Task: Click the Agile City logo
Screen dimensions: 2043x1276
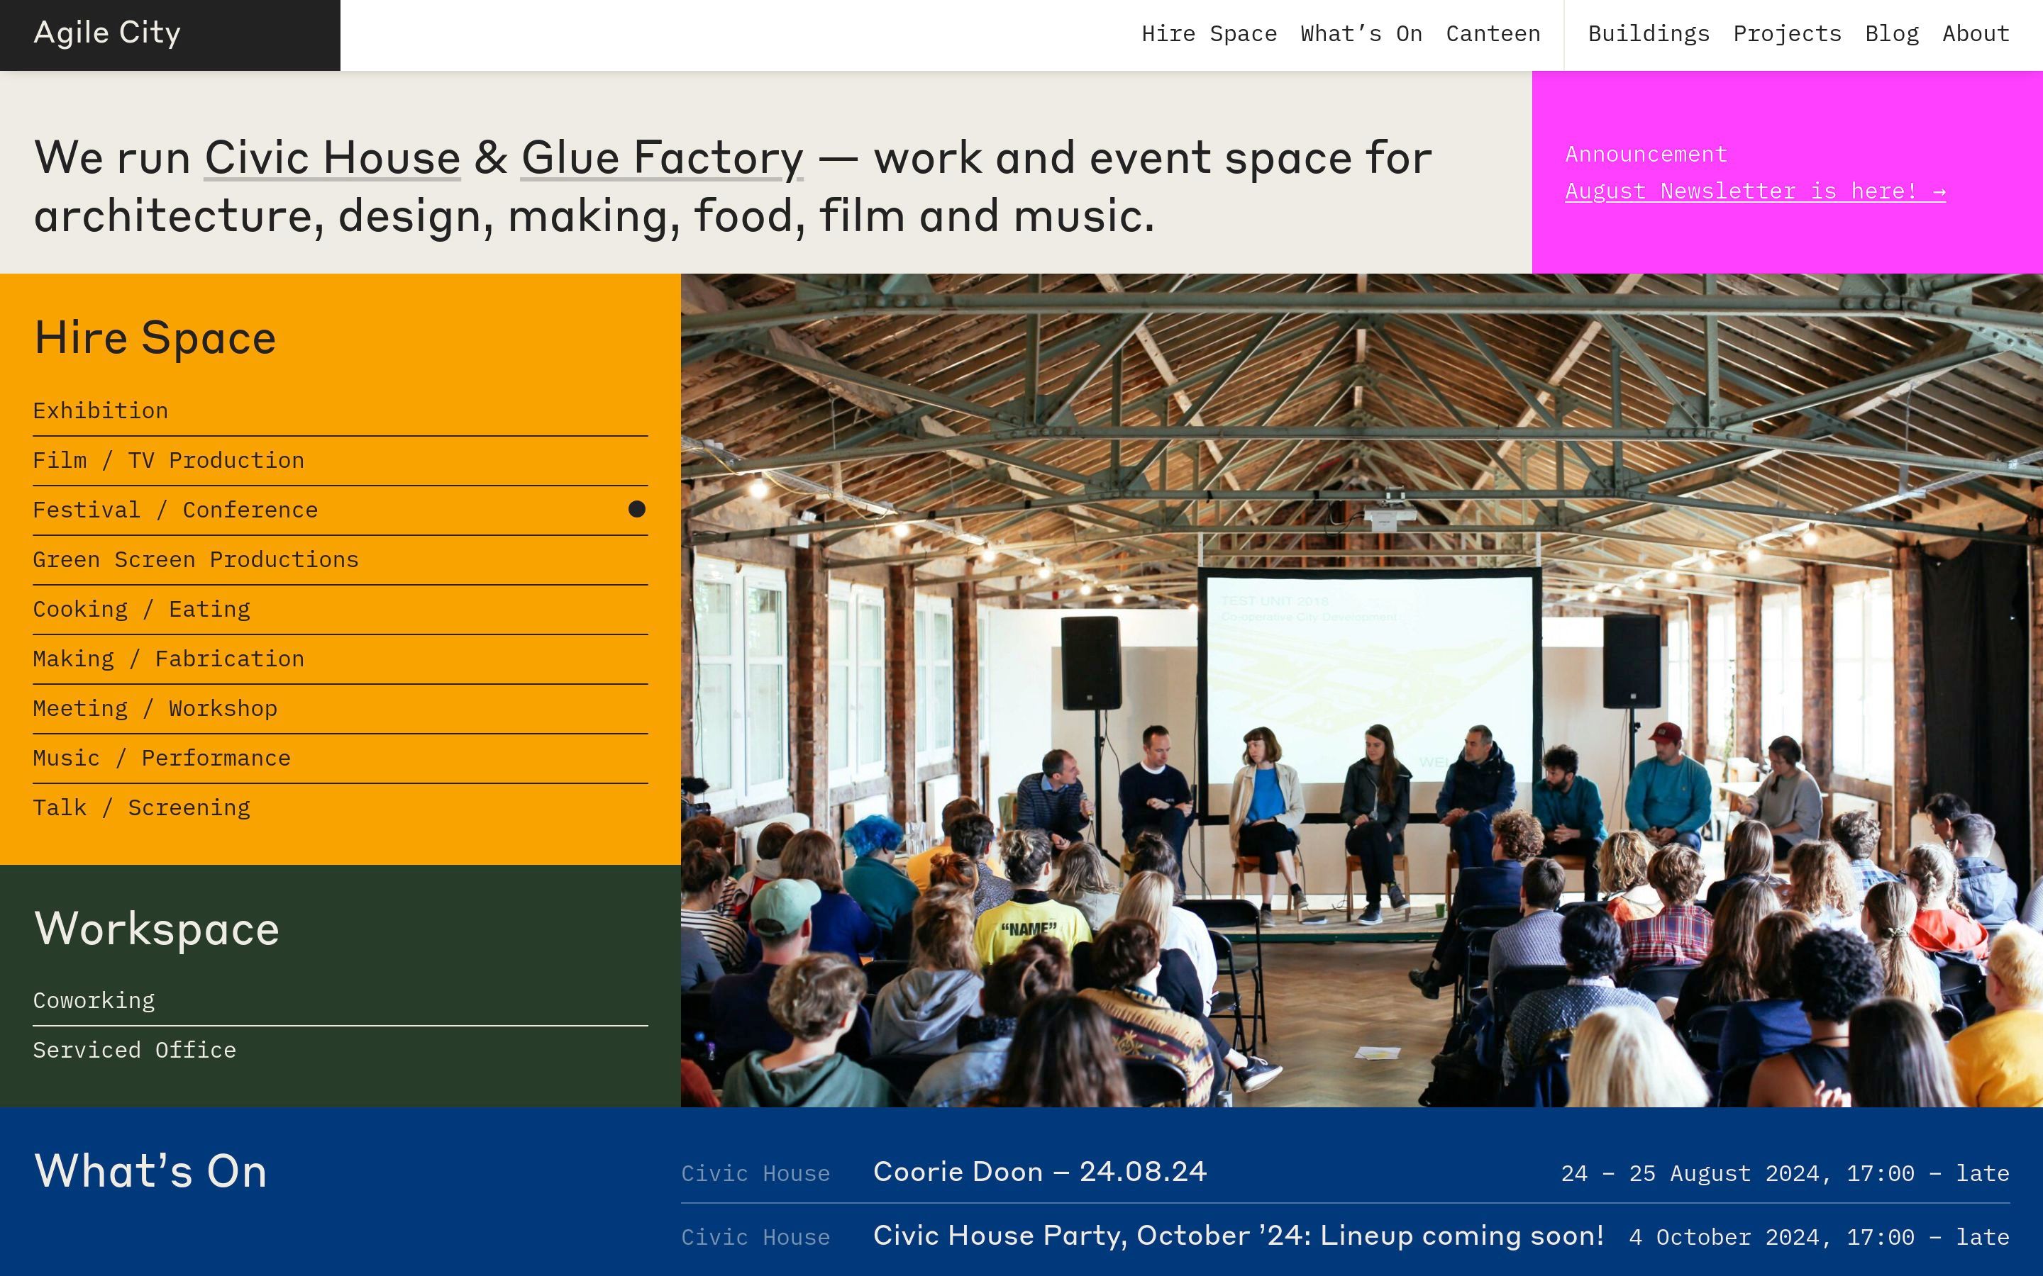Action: pos(107,33)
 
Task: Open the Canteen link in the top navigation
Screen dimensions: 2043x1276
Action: pos(1493,34)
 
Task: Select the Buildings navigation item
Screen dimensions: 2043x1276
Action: pos(1649,34)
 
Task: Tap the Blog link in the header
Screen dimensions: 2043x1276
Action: pos(1892,34)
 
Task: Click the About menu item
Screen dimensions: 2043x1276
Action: pos(1976,34)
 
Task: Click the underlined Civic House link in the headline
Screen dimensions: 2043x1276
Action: pos(333,158)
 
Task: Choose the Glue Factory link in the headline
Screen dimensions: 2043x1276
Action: pos(662,159)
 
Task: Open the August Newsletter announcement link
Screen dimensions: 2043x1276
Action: pos(1755,191)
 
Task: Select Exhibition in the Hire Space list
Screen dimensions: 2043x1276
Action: pos(101,411)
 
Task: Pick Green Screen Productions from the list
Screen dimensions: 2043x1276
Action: pos(196,559)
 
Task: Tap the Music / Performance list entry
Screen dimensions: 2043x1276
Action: pos(162,758)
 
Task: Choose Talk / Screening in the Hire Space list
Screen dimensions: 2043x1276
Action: pos(142,807)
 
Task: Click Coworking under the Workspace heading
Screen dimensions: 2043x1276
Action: pos(94,1001)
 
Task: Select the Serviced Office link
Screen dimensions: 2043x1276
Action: pos(135,1050)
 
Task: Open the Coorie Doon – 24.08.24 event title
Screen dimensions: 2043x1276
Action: pos(1040,1171)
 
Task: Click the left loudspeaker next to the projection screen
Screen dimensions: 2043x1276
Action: pos(1091,663)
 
